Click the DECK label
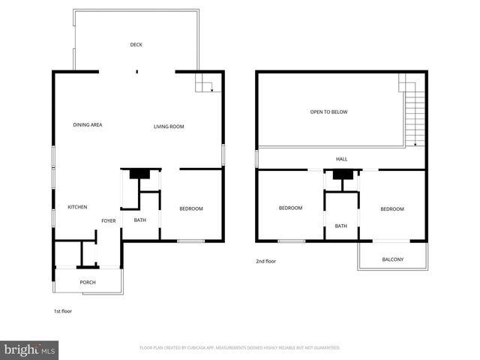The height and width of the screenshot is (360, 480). tap(136, 45)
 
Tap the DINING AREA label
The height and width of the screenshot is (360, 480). tap(88, 124)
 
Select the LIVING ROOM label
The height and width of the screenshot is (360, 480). tap(169, 127)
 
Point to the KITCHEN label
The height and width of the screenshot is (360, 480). tap(78, 207)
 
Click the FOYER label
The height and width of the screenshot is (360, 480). tap(109, 220)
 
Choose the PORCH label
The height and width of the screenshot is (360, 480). tap(88, 283)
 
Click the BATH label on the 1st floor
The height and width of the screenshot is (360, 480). tap(140, 220)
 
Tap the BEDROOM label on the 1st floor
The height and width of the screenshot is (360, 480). tap(191, 208)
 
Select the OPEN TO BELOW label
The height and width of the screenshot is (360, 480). tap(328, 112)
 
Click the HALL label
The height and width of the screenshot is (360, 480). tap(341, 159)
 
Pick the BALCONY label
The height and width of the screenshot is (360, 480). tap(392, 259)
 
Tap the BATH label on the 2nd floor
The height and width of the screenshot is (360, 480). tap(341, 226)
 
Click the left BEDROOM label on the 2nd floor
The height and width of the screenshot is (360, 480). tap(290, 208)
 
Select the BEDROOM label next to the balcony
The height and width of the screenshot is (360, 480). tap(391, 209)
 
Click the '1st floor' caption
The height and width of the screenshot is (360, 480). tap(62, 310)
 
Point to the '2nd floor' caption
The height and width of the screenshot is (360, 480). tap(266, 261)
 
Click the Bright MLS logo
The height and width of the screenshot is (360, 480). tap(30, 349)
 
